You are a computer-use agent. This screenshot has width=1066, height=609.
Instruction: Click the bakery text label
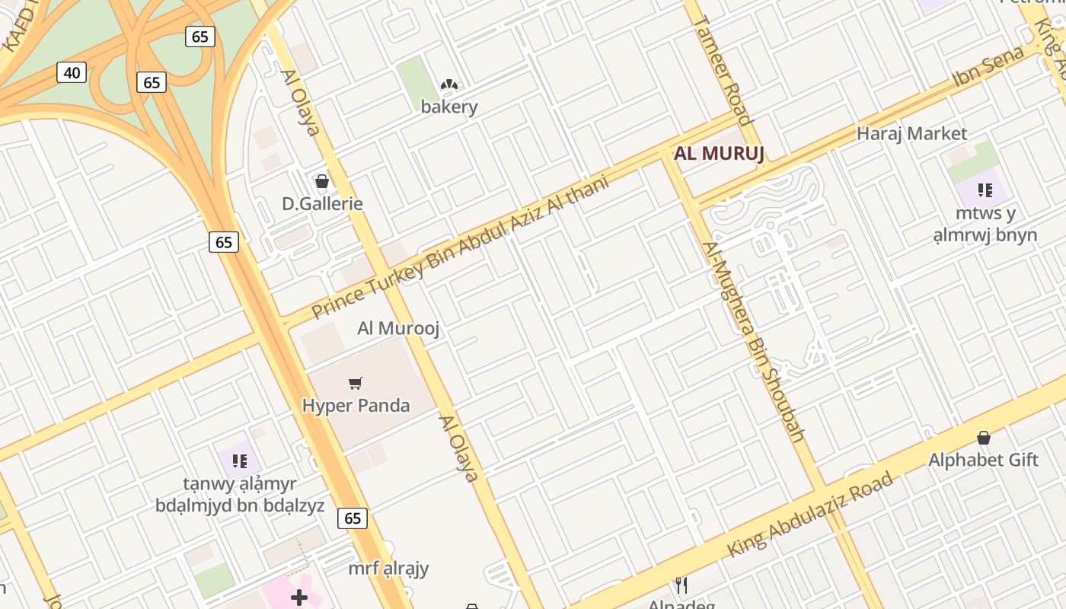coord(449,107)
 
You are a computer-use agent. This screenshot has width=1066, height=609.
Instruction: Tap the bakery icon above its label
coord(449,84)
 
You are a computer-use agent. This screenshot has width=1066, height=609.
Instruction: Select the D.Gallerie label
coord(322,203)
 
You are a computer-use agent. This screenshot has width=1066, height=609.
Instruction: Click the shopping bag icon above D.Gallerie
coord(322,181)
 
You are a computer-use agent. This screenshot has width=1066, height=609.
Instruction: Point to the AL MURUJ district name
coord(719,154)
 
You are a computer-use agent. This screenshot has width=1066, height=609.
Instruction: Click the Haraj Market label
coord(911,134)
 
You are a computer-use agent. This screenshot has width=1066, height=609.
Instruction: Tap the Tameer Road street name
coord(723,69)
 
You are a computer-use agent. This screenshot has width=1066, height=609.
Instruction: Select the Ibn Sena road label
coord(988,69)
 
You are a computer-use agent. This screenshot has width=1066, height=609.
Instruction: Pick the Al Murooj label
coord(399,328)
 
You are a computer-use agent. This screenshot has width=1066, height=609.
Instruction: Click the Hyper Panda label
coord(356,405)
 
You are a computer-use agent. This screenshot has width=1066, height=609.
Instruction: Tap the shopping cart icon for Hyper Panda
coord(356,383)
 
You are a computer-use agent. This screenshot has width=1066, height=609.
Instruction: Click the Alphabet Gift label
coord(983,460)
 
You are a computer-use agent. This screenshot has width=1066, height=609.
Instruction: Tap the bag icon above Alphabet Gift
coord(984,438)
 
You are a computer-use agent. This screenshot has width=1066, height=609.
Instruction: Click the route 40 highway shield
coord(72,73)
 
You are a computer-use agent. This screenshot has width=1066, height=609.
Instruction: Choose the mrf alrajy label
coord(388,568)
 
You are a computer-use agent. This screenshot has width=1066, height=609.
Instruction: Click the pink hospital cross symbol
coord(299,598)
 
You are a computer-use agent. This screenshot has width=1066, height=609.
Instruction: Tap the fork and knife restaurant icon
coord(681,585)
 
